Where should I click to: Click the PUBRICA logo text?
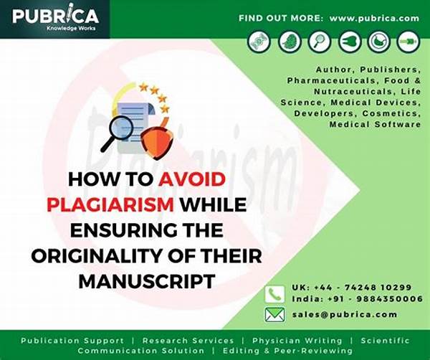click(55, 16)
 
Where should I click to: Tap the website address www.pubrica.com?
click(374, 19)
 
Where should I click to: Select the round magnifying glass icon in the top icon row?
click(319, 42)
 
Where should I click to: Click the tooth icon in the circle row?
click(350, 42)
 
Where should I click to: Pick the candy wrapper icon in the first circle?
click(259, 42)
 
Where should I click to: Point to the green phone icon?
click(274, 294)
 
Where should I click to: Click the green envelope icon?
click(274, 314)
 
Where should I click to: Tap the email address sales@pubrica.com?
click(345, 314)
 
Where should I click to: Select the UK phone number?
click(352, 288)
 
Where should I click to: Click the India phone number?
click(358, 298)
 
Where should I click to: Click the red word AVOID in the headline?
click(192, 179)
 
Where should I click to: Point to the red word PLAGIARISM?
click(110, 204)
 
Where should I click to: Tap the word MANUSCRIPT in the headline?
click(147, 281)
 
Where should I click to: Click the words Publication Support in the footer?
click(72, 341)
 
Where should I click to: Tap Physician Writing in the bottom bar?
click(297, 341)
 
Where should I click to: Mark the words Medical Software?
click(375, 124)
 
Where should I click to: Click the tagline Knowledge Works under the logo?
click(71, 28)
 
